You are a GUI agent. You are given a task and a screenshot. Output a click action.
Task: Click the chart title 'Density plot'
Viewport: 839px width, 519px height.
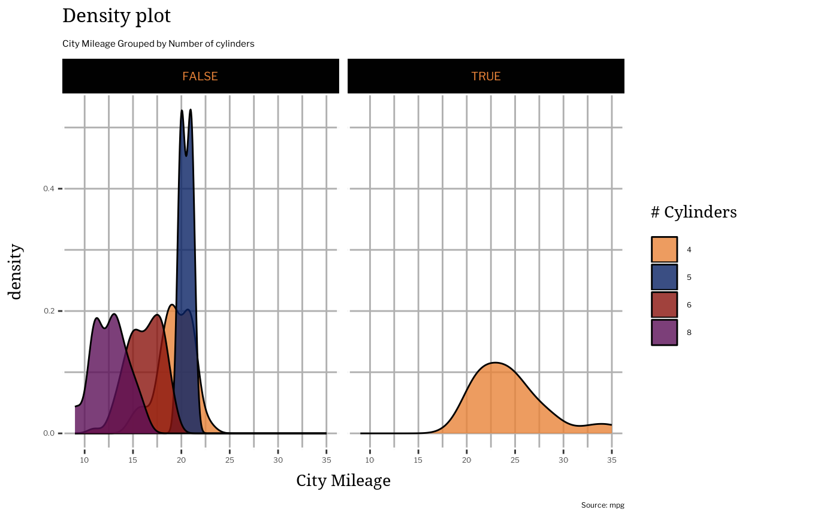[116, 16]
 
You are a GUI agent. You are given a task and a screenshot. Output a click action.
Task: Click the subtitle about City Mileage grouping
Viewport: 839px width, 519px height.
[158, 44]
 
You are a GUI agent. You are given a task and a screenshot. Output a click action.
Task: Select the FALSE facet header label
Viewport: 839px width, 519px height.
[200, 77]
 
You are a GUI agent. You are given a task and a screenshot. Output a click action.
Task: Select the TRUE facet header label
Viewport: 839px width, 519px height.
[485, 77]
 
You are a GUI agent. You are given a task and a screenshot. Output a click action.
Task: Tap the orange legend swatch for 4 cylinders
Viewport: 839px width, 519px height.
[664, 250]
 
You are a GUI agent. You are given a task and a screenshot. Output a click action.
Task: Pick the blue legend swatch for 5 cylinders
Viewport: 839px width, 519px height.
[664, 277]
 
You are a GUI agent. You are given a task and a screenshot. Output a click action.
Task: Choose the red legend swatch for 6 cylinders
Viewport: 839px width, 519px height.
[664, 305]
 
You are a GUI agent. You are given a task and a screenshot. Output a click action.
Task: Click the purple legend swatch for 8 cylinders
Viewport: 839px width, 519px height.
[664, 333]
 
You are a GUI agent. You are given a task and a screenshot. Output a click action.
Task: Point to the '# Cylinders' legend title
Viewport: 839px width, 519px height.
[693, 212]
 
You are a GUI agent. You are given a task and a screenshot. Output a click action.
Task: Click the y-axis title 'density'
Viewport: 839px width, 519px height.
[16, 271]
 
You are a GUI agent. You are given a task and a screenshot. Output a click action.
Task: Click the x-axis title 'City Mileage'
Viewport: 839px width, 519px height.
[343, 481]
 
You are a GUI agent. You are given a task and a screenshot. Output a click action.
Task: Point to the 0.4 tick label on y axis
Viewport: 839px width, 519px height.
[49, 189]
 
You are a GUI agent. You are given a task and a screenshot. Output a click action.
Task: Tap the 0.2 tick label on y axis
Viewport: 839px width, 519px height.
[49, 311]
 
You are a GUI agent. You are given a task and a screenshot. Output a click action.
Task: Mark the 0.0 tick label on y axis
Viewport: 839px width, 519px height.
[49, 433]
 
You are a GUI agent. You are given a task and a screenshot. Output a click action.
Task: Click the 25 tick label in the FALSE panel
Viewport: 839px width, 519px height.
[230, 460]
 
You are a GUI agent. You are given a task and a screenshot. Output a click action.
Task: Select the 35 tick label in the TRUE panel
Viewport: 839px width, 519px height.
[611, 460]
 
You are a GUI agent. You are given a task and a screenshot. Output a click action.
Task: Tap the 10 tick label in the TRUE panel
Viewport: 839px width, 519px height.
[370, 460]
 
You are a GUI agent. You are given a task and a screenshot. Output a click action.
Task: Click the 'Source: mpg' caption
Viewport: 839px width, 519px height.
[602, 505]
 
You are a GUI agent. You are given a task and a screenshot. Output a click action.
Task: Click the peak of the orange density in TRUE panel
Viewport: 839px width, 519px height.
[495, 363]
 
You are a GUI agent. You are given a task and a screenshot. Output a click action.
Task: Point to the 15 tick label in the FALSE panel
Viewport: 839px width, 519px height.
[133, 460]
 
